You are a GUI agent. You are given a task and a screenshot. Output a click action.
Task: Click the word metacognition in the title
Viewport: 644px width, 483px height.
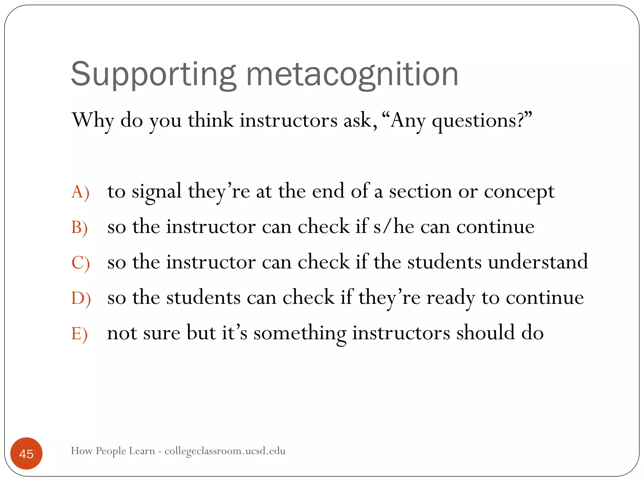[x=352, y=75]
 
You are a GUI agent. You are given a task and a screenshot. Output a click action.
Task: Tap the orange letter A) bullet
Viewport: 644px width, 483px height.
[x=80, y=192]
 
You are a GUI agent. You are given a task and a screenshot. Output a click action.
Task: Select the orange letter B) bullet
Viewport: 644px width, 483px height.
[x=80, y=227]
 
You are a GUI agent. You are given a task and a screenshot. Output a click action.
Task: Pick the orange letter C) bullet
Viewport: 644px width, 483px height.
[x=80, y=263]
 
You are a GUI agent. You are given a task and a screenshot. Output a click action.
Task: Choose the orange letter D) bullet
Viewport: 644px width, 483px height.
[x=81, y=298]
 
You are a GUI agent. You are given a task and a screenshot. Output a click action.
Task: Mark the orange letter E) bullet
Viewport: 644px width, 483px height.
[x=79, y=333]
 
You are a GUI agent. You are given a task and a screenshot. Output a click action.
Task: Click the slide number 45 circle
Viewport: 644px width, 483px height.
[x=26, y=453]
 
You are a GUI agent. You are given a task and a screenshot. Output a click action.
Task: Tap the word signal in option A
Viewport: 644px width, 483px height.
[x=157, y=192]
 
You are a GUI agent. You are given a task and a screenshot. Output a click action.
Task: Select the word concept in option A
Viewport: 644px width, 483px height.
[x=519, y=192]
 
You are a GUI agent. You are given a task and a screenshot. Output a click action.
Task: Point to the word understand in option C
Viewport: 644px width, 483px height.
[x=538, y=262]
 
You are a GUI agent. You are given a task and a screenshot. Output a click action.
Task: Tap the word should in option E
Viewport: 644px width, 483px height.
[x=486, y=333]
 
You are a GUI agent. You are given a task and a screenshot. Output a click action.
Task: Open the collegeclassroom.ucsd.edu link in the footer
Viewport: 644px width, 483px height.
[x=225, y=451]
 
